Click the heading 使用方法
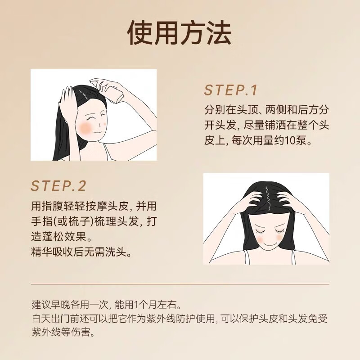180,34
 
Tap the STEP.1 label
230,90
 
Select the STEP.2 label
58,186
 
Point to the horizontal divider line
180,284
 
